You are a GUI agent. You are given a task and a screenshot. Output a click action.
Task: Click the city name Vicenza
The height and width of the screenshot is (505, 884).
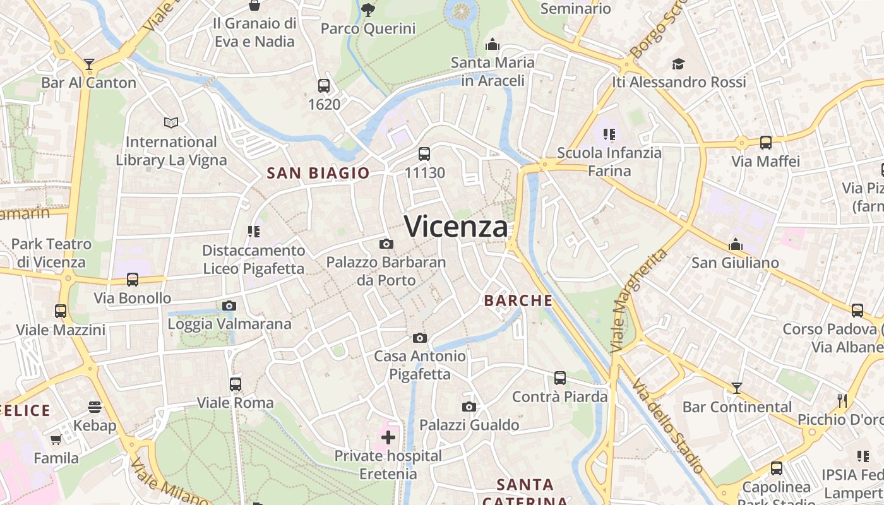(x=456, y=227)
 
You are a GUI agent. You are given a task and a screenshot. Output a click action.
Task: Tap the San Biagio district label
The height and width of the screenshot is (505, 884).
(x=318, y=173)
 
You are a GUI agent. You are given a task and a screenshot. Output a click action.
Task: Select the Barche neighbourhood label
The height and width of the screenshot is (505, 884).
(x=518, y=300)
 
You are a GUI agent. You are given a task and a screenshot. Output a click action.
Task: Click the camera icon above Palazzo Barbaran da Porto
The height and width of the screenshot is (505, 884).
(x=386, y=244)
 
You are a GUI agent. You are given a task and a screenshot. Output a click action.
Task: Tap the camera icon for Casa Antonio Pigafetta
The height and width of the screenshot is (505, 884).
(x=420, y=338)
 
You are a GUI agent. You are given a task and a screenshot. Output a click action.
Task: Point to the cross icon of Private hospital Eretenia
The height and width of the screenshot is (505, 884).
(x=388, y=437)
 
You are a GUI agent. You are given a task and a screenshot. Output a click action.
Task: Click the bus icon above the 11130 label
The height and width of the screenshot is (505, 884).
(x=424, y=153)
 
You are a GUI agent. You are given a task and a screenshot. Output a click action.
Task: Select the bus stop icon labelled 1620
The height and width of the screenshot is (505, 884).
(x=324, y=86)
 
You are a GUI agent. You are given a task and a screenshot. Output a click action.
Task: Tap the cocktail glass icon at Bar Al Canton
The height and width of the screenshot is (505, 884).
(x=89, y=64)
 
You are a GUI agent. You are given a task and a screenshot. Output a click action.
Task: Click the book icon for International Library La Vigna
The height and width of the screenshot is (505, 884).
(x=171, y=122)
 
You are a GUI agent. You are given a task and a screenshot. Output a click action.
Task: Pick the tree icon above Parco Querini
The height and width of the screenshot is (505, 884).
(x=368, y=9)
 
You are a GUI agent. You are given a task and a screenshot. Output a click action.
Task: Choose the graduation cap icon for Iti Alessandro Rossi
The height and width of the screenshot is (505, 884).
(x=679, y=64)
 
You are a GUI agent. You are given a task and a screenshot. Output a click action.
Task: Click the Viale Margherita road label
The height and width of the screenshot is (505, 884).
(x=638, y=300)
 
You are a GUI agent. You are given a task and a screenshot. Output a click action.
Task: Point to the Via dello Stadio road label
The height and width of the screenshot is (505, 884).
(x=668, y=426)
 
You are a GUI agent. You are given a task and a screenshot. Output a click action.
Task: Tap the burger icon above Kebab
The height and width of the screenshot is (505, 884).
(x=95, y=407)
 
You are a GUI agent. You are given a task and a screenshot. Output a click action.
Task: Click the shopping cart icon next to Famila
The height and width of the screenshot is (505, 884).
(x=56, y=439)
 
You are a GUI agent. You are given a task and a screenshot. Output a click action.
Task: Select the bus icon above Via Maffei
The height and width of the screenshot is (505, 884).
(x=766, y=143)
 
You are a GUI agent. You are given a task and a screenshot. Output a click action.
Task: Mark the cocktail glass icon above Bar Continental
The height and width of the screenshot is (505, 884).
(x=737, y=388)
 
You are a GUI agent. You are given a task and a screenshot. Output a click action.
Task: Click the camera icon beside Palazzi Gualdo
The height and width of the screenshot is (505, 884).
(x=469, y=407)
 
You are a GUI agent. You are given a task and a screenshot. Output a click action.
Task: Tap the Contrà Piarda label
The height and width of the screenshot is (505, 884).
(x=559, y=396)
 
